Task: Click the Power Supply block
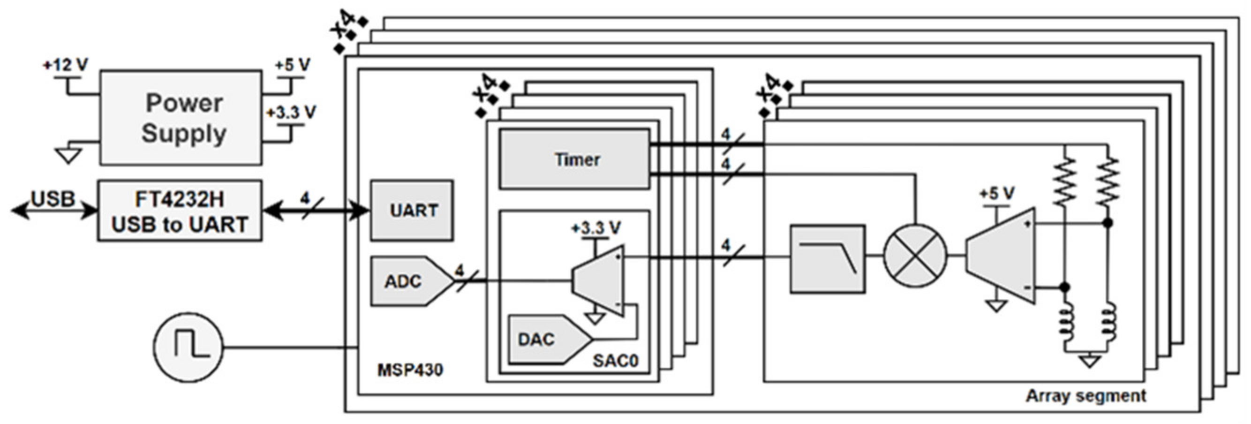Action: pos(181,118)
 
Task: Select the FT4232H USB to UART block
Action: pos(180,211)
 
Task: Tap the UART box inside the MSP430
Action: pos(412,210)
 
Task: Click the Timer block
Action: pos(575,159)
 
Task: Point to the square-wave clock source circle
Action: pos(188,347)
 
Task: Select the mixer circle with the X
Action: pos(915,256)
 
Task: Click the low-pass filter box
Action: pos(828,258)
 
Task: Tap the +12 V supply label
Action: pos(66,65)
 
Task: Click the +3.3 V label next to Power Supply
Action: pos(291,113)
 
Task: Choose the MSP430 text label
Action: pos(410,370)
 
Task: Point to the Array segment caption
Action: pos(1086,396)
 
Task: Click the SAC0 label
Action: pos(615,361)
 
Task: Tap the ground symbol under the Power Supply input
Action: pos(68,155)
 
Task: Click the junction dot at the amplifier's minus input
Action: pos(1064,287)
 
